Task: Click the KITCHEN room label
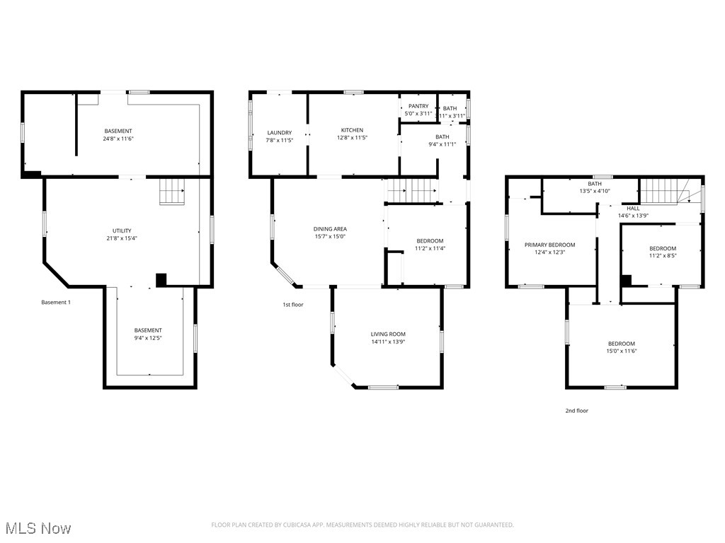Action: click(352, 130)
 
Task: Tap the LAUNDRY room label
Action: click(279, 133)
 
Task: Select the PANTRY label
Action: click(418, 106)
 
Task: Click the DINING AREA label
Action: click(329, 229)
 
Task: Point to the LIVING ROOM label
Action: click(388, 334)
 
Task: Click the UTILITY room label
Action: click(122, 230)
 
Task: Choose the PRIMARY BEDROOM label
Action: click(549, 245)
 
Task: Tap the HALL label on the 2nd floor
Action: click(633, 209)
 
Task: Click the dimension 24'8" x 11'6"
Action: click(118, 139)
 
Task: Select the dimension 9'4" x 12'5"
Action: click(148, 338)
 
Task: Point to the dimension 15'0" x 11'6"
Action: click(621, 351)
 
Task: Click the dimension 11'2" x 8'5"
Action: click(663, 256)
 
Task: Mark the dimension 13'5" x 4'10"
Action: click(594, 191)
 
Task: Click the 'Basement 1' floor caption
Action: click(56, 303)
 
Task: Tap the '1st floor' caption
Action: click(292, 305)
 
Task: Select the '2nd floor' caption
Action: click(576, 411)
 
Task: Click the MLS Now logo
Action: click(36, 528)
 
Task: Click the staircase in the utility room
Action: click(172, 191)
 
